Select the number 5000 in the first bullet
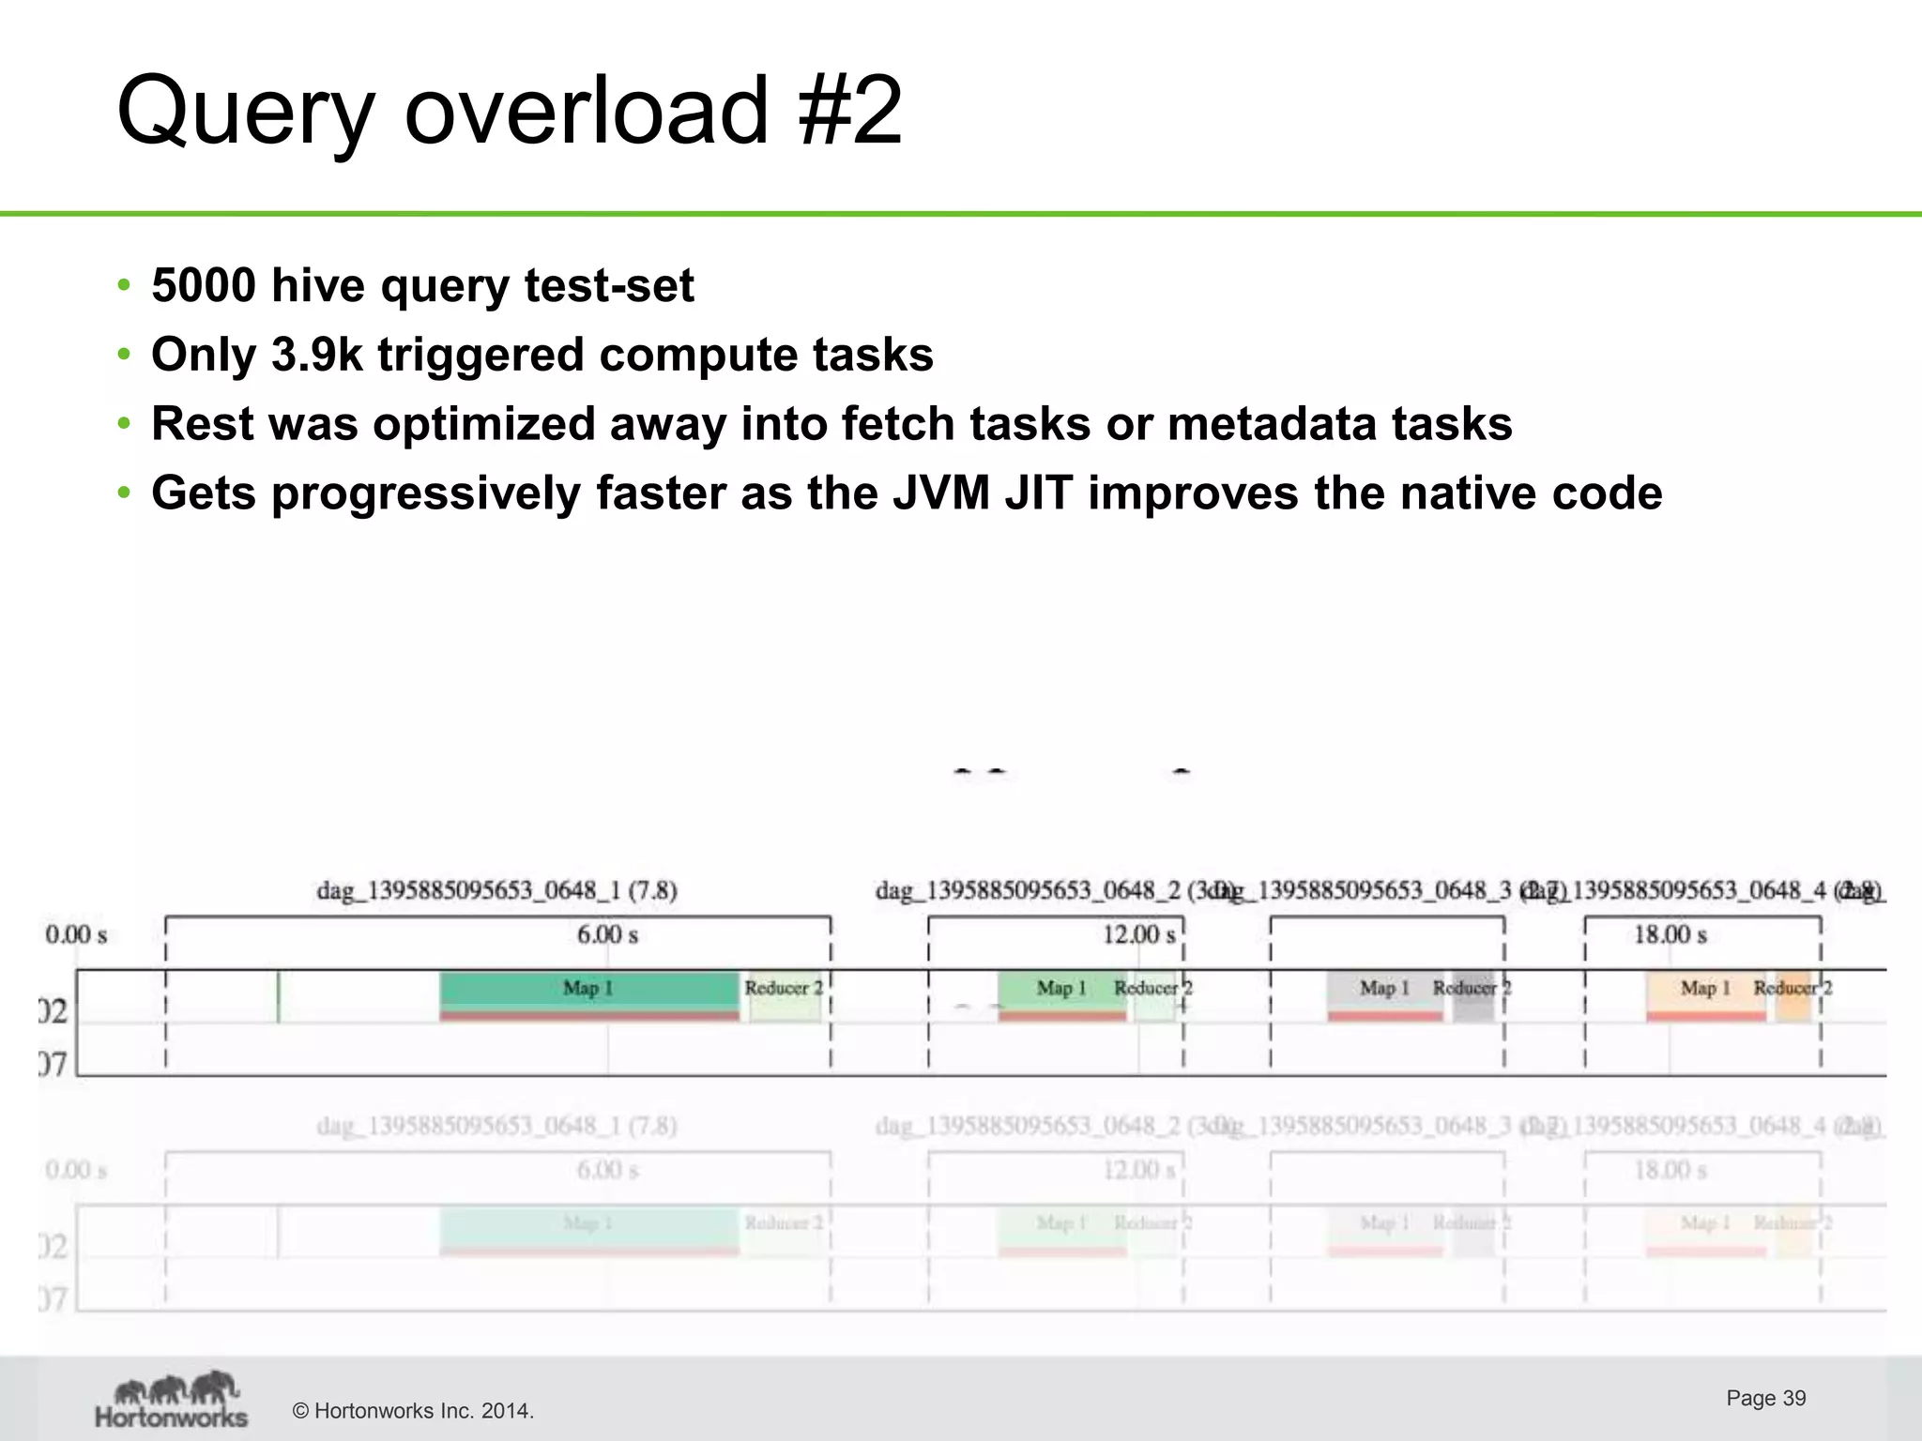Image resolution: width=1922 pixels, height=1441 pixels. [x=204, y=285]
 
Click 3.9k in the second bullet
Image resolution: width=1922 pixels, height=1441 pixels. [x=316, y=355]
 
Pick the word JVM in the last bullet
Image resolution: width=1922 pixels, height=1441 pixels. [x=940, y=493]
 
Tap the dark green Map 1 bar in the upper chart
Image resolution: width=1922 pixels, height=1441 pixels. [x=588, y=991]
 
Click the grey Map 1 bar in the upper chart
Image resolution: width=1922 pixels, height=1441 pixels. [x=1384, y=993]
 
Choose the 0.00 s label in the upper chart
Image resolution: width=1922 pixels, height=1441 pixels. [x=76, y=934]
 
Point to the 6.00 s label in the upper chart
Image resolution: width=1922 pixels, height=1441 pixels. [x=607, y=934]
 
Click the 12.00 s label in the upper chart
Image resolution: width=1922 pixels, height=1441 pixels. [x=1138, y=934]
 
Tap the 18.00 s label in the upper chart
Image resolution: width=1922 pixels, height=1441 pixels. [x=1670, y=934]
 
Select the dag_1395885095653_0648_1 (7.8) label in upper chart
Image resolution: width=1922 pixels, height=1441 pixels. [x=496, y=889]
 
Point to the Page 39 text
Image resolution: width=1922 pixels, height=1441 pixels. [x=1765, y=1398]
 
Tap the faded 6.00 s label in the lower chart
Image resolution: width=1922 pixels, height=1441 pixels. [x=607, y=1170]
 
